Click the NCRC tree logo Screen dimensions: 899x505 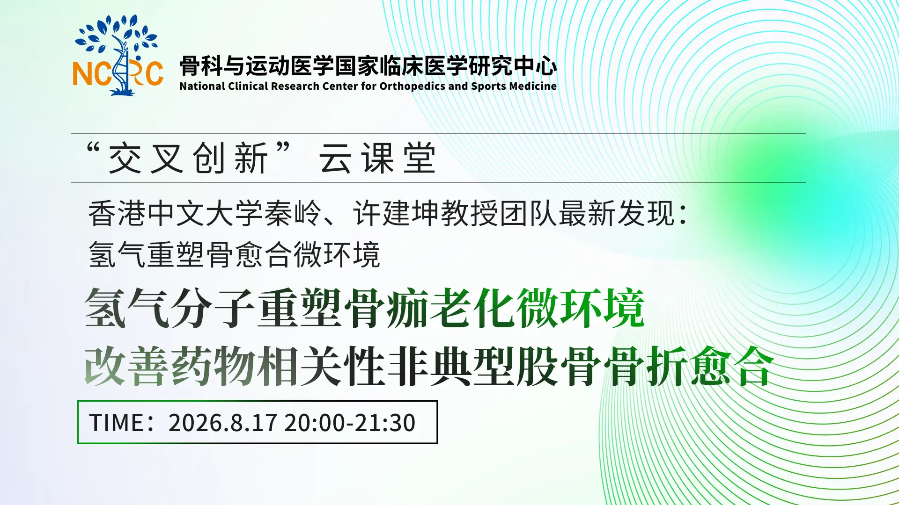coord(118,55)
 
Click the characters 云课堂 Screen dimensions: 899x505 coord(377,158)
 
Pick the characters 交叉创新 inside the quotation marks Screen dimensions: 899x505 coord(188,158)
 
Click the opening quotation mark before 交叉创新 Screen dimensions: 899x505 coord(93,149)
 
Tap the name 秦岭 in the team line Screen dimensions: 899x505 coord(293,214)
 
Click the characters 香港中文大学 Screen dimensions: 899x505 coord(176,214)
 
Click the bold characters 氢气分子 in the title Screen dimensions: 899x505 coord(170,308)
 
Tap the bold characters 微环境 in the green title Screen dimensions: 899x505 coord(581,308)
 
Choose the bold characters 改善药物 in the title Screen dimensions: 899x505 coord(170,367)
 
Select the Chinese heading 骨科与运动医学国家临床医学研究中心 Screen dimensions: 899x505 coord(368,65)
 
